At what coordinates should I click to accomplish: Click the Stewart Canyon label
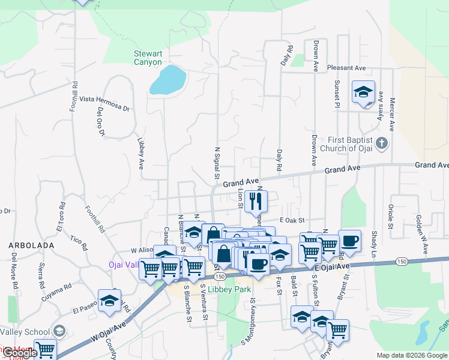(148, 58)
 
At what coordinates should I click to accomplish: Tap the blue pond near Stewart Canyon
(167, 80)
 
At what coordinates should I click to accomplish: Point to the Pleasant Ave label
(346, 68)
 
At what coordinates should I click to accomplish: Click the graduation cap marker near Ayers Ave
(363, 92)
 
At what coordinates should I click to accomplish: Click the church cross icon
(385, 144)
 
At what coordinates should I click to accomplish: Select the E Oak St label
(292, 221)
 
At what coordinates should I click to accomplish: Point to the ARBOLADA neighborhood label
(31, 245)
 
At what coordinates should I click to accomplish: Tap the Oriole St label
(391, 217)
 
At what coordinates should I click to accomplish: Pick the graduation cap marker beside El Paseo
(109, 301)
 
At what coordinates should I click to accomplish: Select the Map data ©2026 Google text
(411, 355)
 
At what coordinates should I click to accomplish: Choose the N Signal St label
(216, 161)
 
